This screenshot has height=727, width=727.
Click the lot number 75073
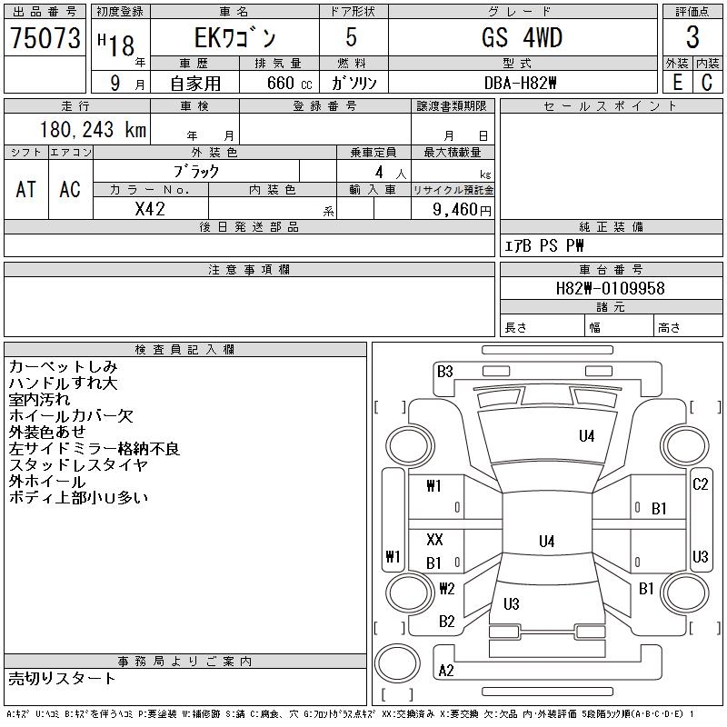pos(45,38)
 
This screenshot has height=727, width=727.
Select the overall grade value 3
pos(692,37)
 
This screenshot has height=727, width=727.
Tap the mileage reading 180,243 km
pos(93,129)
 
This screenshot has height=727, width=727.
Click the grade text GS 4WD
pos(522,37)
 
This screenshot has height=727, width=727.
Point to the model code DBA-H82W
pos(520,83)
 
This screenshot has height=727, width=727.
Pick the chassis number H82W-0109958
pos(610,288)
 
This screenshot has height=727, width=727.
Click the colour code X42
pos(150,209)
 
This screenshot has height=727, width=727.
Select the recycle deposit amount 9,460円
pos(462,210)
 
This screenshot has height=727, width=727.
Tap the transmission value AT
pos(25,189)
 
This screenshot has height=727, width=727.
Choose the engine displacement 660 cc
pos(289,83)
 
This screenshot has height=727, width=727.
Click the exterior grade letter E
pos(677,83)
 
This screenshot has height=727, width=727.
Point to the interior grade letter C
pos(707,83)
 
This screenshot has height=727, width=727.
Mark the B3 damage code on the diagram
pos(444,372)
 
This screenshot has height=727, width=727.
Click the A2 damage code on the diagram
pos(446,671)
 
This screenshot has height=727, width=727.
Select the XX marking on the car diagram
pos(434,539)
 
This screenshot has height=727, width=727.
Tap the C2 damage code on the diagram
pos(700,484)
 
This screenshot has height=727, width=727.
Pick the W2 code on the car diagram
pos(447,588)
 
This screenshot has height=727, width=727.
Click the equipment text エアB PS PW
pos(543,245)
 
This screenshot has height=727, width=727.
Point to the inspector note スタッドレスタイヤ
pos(78,464)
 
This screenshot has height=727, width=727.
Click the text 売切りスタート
pos(61,678)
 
